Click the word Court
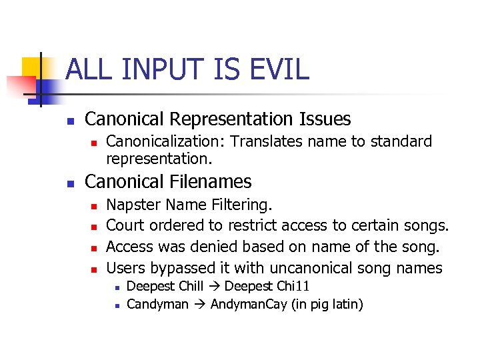[x=125, y=225]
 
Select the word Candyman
[x=157, y=305]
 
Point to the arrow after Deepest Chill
[x=216, y=287]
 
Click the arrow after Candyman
[x=199, y=305]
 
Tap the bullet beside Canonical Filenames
[x=71, y=183]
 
